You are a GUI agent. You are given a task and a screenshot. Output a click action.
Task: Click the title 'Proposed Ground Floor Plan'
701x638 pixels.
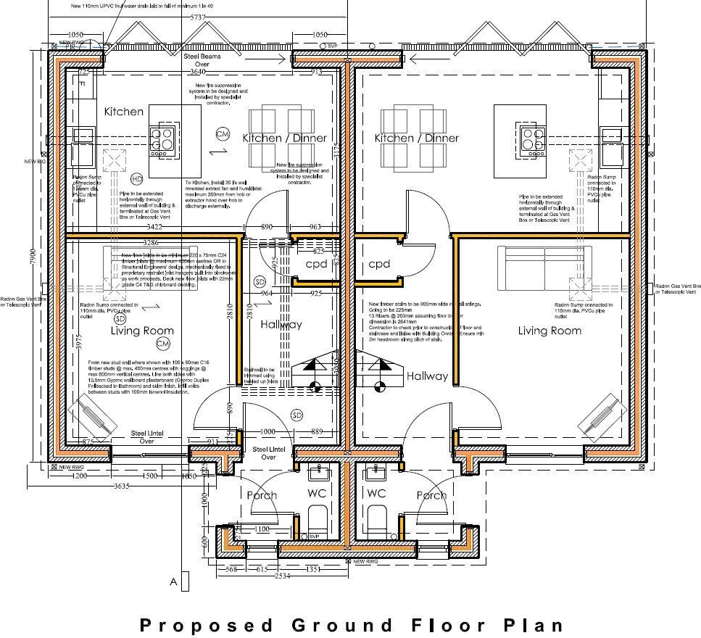pos(350,624)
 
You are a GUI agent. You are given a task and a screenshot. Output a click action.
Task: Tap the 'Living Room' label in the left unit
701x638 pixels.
pos(142,331)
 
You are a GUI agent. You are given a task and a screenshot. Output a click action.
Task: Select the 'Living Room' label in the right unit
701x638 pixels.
pos(549,331)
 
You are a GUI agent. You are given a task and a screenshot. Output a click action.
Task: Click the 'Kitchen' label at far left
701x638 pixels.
pos(123,112)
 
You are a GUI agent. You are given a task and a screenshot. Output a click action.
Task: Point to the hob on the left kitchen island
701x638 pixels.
pos(162,138)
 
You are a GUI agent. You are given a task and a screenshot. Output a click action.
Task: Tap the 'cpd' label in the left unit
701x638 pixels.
pos(315,264)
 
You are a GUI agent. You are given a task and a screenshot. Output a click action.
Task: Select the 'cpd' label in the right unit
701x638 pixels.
pos(379,264)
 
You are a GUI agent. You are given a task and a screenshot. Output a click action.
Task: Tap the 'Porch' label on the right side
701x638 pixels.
pos(431,495)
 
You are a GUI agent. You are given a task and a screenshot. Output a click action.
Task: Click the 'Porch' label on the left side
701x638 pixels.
pos(262,495)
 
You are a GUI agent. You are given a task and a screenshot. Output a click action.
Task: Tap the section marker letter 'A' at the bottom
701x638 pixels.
pos(173,581)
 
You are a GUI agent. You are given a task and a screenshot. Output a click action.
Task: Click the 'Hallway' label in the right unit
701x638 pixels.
pos(427,376)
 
